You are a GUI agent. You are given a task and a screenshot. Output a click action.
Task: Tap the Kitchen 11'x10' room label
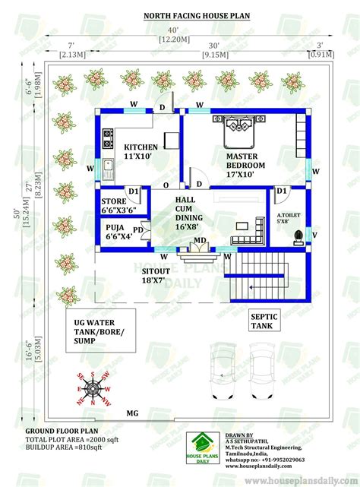[x=141, y=152]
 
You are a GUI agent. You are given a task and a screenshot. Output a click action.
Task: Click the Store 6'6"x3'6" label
[x=118, y=206]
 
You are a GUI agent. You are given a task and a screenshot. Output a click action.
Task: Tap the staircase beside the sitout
[x=256, y=279]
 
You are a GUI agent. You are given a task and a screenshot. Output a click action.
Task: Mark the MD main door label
[x=199, y=242]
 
